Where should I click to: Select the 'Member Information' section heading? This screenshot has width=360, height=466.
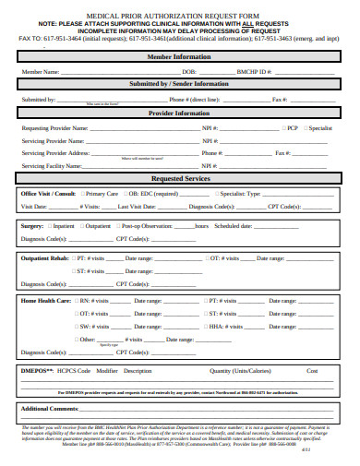point(180,56)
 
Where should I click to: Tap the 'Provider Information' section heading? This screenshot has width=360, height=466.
point(180,114)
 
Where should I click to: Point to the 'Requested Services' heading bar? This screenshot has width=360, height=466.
point(180,178)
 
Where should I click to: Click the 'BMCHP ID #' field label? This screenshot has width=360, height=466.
point(253,71)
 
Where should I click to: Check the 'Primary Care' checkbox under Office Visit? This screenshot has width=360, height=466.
point(80,195)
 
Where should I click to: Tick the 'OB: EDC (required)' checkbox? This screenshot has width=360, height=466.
point(125,195)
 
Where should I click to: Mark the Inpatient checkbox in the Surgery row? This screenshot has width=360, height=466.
point(50,225)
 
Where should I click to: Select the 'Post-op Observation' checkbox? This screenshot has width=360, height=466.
point(117,225)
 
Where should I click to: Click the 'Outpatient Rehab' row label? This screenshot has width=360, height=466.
point(44,258)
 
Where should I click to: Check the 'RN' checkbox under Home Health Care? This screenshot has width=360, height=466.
point(77,301)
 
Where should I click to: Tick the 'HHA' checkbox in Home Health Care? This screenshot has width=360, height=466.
point(204,327)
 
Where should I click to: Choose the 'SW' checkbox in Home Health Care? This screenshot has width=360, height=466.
point(77,327)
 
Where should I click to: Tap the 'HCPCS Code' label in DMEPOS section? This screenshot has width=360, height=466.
point(74,371)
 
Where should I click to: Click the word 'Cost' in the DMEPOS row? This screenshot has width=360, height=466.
point(312,371)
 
